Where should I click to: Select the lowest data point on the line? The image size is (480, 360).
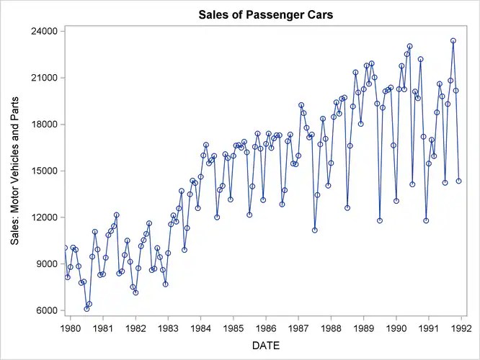86,309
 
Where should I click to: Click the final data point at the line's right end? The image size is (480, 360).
458,181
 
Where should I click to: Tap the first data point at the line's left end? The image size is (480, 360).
65,248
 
